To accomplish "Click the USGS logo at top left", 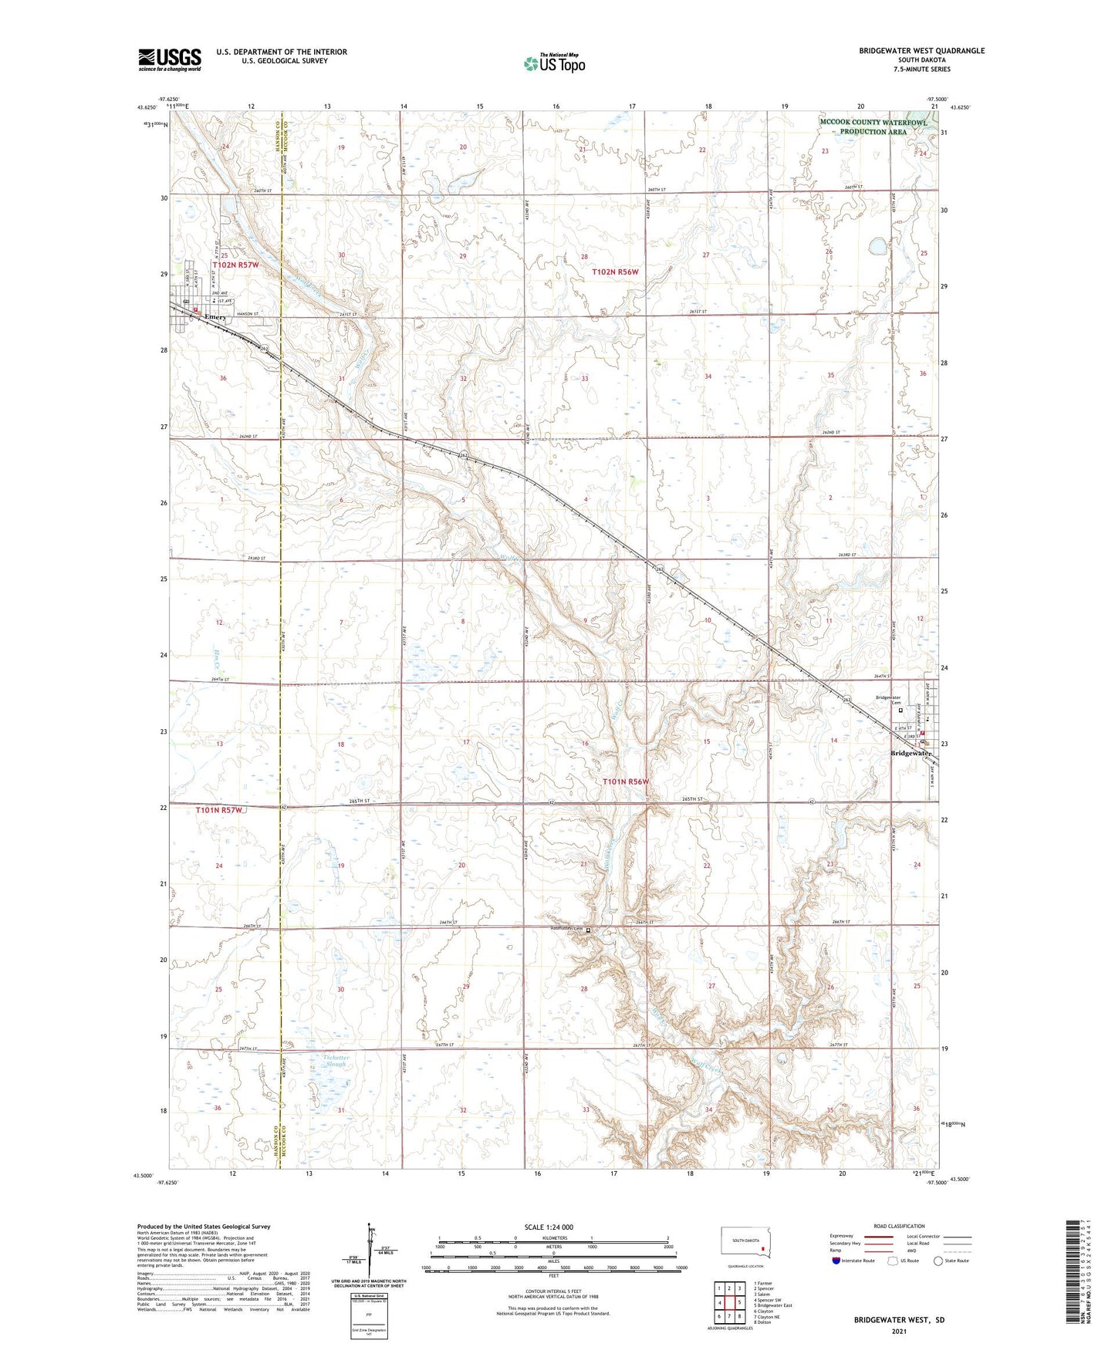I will pos(169,59).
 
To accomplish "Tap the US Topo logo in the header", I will pos(553,63).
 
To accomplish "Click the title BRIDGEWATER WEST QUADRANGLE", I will pos(921,51).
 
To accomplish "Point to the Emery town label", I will pos(215,317).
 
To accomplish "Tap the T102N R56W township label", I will pos(615,272).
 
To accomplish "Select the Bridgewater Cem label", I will pos(887,700).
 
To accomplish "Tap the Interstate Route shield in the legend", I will pos(836,1261).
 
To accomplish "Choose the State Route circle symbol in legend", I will pos(938,1261).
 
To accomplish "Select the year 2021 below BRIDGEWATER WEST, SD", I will pos(899,1331).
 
